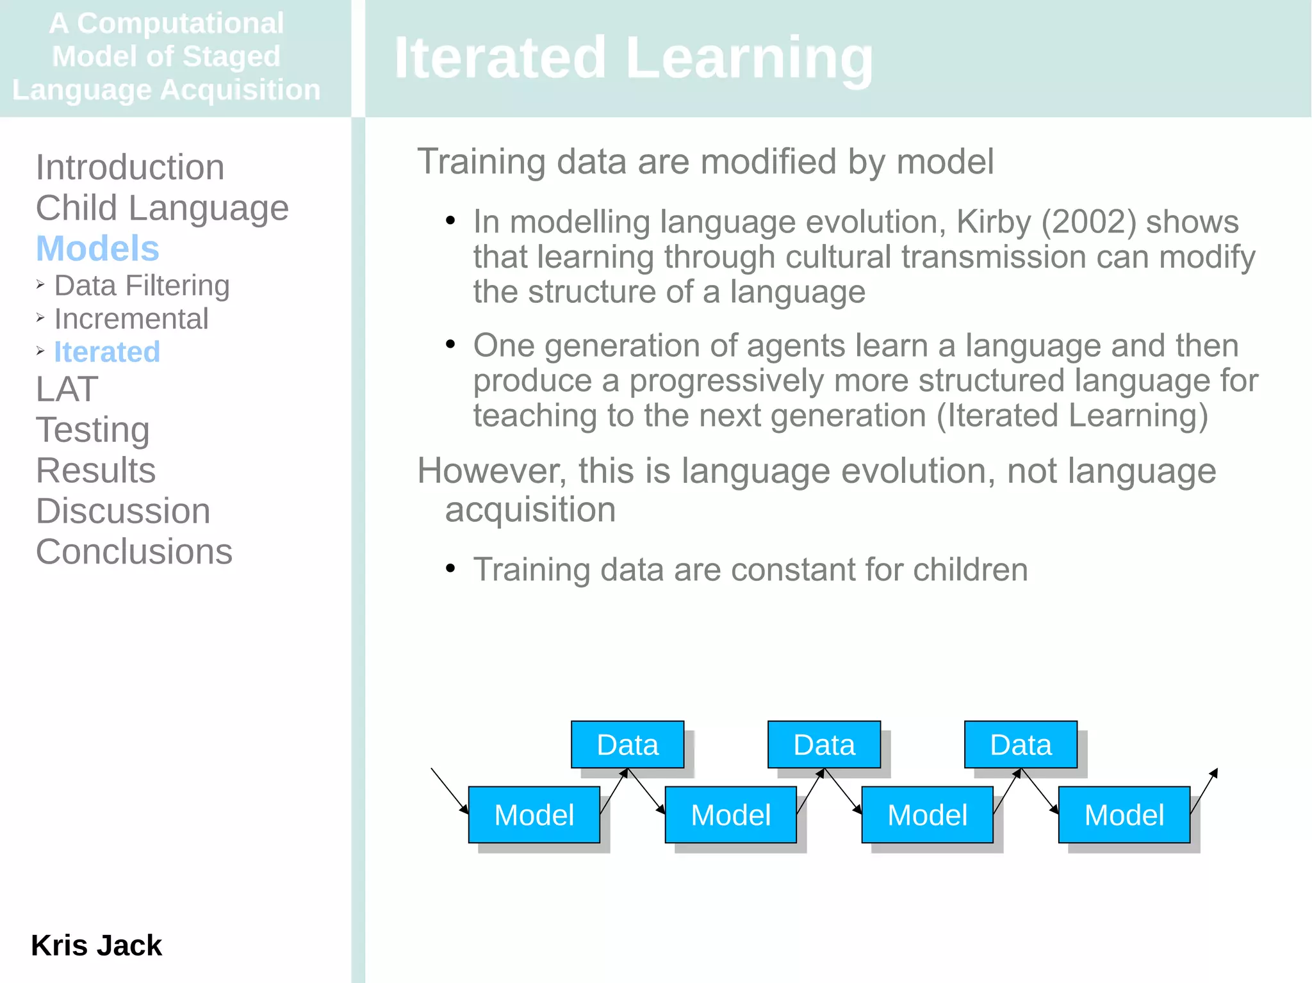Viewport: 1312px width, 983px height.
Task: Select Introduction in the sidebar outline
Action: coord(130,167)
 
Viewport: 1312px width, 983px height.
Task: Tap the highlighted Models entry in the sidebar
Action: coord(97,248)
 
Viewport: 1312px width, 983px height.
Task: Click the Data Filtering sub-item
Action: coord(142,286)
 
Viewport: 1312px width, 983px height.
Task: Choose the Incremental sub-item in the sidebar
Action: coord(131,319)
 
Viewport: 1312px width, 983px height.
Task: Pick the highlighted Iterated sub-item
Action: coord(107,352)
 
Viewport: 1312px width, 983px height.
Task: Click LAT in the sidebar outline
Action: coord(67,389)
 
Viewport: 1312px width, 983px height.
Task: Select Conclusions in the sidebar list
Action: coord(134,552)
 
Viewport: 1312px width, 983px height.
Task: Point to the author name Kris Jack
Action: coord(96,945)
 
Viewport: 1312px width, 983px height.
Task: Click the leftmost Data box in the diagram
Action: coord(627,745)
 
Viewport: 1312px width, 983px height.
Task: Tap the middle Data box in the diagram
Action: coord(824,745)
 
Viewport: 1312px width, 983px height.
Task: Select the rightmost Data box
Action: coord(1021,745)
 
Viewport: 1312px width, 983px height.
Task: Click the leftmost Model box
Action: coord(534,815)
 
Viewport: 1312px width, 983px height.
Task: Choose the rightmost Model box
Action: coord(1124,815)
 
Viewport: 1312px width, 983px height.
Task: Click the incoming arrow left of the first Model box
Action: coord(449,791)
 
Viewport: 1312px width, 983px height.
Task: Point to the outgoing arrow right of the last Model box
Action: coord(1204,792)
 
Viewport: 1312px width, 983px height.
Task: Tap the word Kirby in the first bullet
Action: coord(994,222)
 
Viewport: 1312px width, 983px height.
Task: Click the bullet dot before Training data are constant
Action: coord(450,568)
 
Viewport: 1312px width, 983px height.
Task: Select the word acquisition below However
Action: coord(530,510)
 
